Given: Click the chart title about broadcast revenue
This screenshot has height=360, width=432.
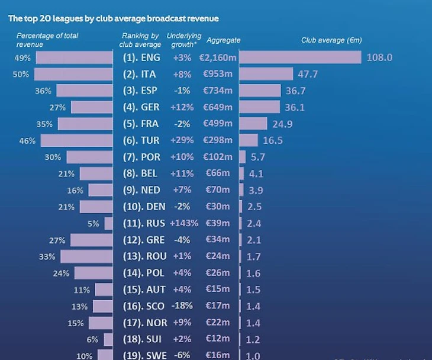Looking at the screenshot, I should pos(113,18).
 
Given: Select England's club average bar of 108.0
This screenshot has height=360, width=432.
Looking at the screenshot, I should pos(300,57).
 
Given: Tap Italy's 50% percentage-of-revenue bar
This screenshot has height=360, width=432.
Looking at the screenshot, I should pos(73,74).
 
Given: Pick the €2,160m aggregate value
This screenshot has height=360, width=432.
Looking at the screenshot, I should pos(218,57).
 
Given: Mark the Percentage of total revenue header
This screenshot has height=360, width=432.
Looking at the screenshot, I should pos(47,40).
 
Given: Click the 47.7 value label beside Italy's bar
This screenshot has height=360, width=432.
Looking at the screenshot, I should pos(308,74).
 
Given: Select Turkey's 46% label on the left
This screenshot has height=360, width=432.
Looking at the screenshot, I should pos(28,141).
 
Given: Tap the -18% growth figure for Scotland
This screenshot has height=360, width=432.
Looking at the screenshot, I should pos(182,307).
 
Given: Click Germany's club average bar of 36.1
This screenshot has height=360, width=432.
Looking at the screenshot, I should pos(260,107).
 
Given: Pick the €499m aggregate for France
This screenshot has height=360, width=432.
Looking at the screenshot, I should pos(218,124).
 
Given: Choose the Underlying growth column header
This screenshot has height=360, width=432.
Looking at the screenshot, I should pos(184,40).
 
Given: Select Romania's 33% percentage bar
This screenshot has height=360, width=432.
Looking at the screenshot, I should pos(86,257).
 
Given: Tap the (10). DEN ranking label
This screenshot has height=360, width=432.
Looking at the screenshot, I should pos(142,207).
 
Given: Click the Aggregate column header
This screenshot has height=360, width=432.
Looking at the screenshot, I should pos(224,40).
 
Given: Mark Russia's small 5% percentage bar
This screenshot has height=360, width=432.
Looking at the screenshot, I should pos(108,224).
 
